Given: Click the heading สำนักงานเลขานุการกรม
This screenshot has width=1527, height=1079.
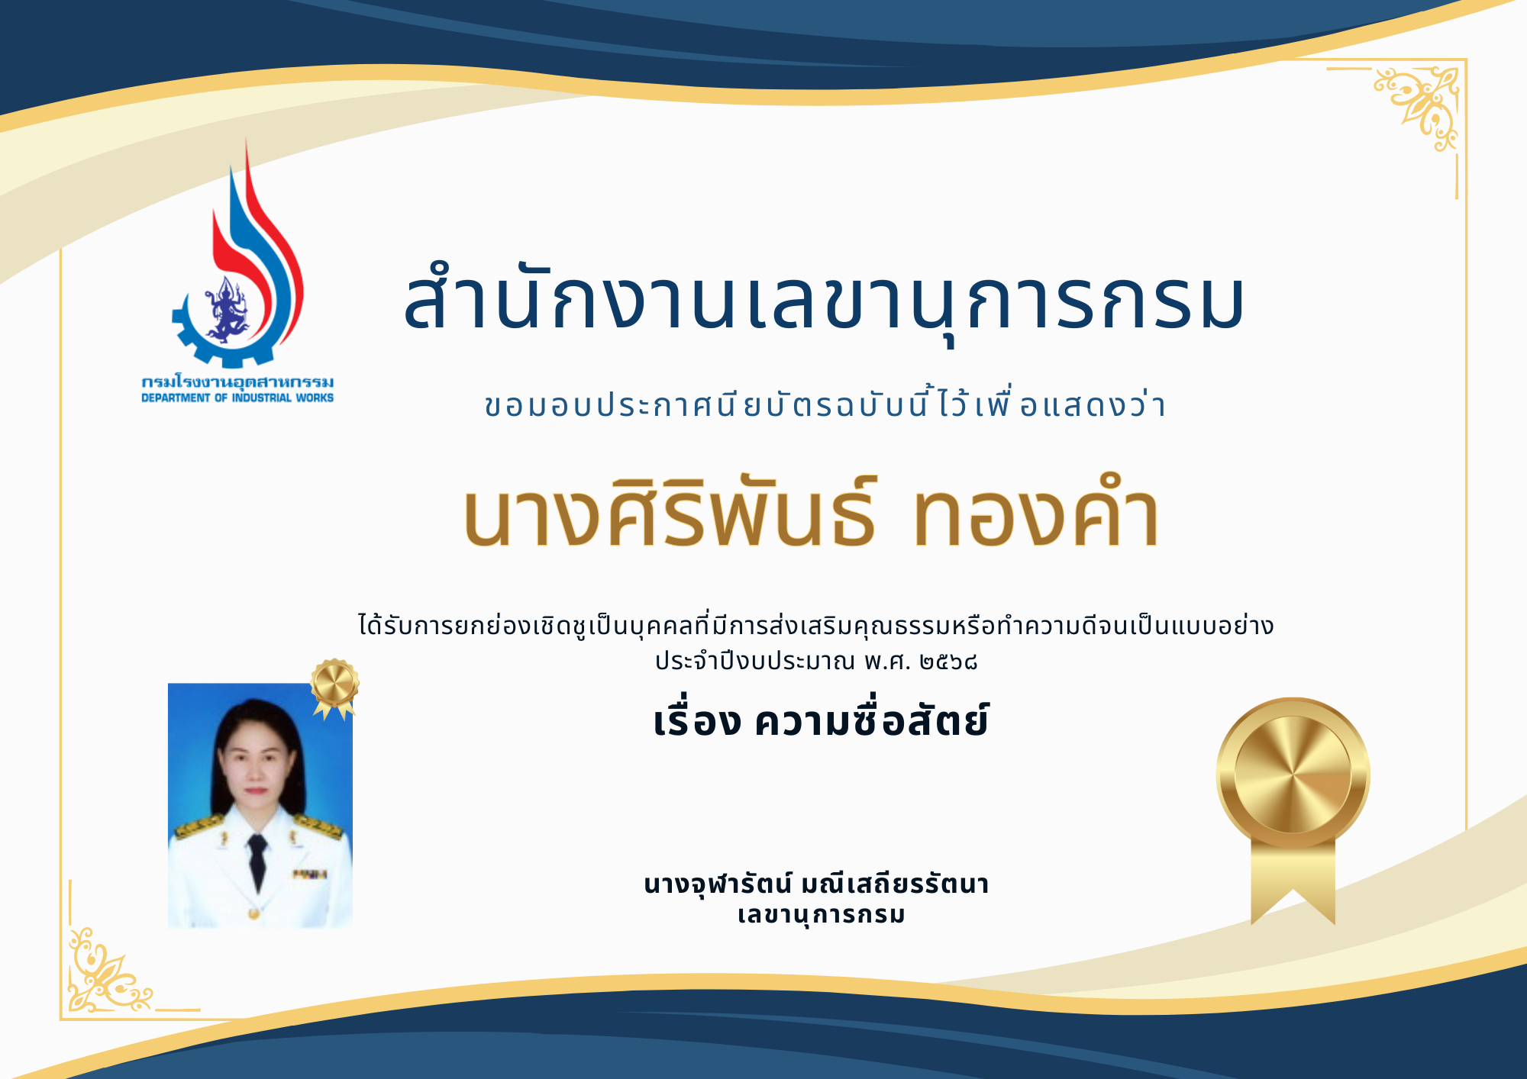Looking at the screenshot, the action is [x=824, y=301].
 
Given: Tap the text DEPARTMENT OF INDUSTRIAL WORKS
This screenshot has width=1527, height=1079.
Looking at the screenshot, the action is [x=237, y=398].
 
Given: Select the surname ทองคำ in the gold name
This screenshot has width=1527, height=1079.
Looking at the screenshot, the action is [x=1036, y=514].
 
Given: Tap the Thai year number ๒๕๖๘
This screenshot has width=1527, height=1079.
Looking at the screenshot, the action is [x=948, y=661].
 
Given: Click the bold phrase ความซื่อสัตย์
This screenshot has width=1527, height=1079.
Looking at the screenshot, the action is [x=871, y=720].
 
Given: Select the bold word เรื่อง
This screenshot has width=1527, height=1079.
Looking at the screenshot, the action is [x=697, y=720].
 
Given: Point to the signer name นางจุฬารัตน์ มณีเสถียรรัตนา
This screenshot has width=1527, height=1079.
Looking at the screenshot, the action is [x=816, y=884].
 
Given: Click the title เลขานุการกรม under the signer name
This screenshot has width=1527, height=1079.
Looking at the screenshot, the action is [x=822, y=914].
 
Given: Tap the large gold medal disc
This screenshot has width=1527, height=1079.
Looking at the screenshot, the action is [x=1293, y=774].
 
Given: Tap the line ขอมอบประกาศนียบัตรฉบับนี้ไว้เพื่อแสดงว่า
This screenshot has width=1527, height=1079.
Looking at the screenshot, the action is [x=825, y=404].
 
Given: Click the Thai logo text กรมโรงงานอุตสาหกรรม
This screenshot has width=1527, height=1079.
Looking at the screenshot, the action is [x=237, y=382].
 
